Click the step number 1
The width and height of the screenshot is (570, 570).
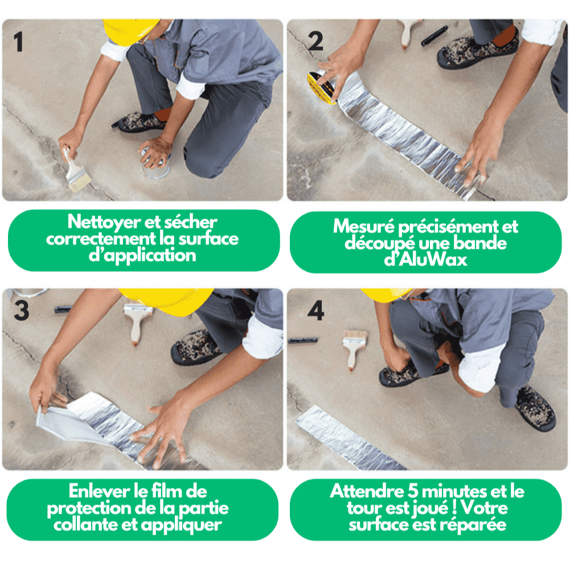(x=19, y=42)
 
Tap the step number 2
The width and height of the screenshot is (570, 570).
(x=315, y=41)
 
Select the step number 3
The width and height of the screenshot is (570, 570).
(x=22, y=311)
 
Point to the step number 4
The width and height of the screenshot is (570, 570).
(x=316, y=310)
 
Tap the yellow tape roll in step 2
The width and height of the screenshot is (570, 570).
(x=322, y=87)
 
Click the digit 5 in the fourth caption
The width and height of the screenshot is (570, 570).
(x=413, y=491)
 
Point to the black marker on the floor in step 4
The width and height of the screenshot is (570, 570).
(x=303, y=341)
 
